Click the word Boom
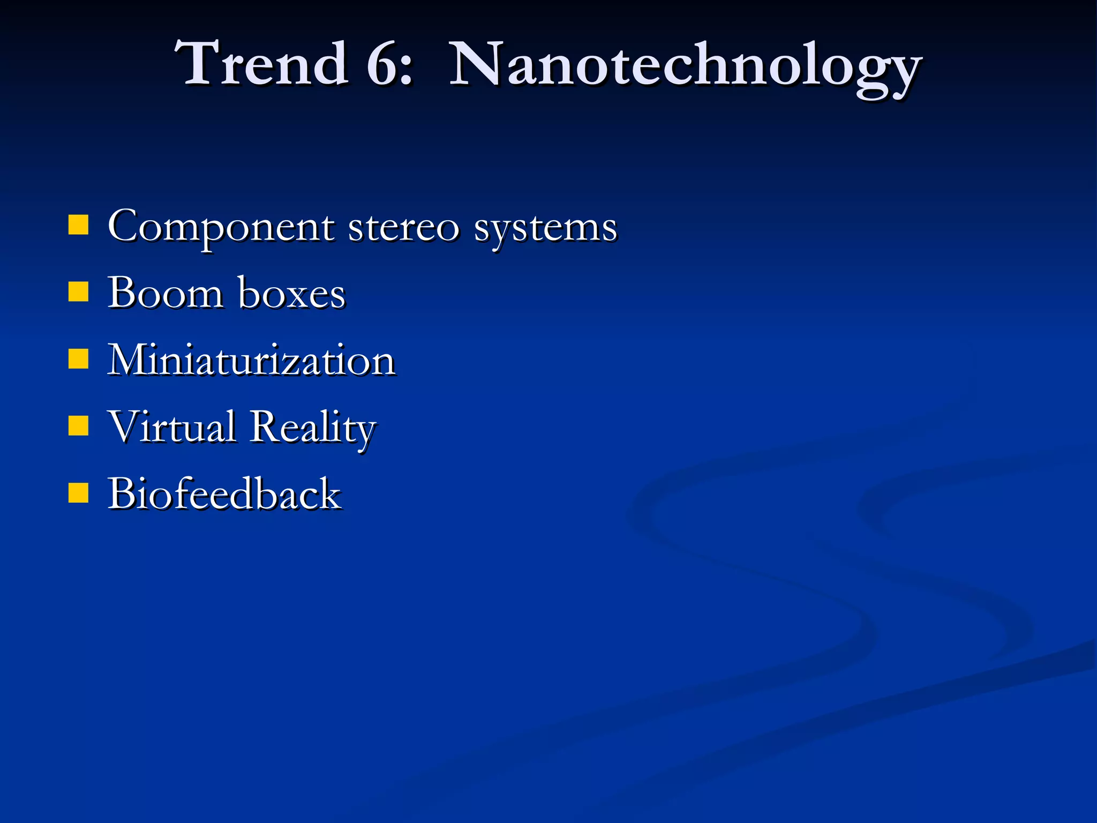pos(165,293)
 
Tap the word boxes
pos(292,294)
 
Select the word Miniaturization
pos(251,360)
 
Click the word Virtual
pos(171,427)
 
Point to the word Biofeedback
pos(224,493)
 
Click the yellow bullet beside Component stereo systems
pos(78,226)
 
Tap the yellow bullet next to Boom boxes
pos(78,293)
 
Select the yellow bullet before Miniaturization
pos(78,360)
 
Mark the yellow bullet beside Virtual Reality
pos(78,427)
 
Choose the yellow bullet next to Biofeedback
pos(78,493)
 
